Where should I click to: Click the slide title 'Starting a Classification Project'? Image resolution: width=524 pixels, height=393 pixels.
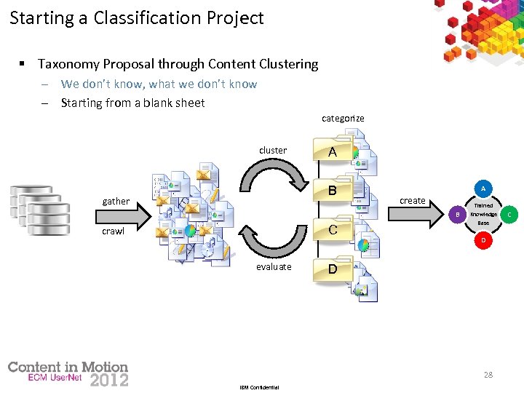[x=137, y=18]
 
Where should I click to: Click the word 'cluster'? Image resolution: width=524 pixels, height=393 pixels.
[x=273, y=151]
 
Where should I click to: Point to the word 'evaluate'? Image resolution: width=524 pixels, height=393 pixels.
[x=274, y=267]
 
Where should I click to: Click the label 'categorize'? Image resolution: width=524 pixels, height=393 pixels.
[x=343, y=118]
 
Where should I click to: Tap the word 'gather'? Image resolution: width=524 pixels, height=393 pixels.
[x=116, y=202]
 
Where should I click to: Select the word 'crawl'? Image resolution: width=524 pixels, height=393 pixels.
[x=113, y=231]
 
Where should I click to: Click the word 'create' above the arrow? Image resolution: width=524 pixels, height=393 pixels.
[x=413, y=201]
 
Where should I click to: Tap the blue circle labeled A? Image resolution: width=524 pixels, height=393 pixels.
[x=483, y=188]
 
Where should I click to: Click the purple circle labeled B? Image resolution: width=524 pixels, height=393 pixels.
[x=457, y=215]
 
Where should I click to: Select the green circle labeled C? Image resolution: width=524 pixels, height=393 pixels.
[x=509, y=215]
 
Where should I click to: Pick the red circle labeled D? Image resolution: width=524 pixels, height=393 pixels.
[x=483, y=240]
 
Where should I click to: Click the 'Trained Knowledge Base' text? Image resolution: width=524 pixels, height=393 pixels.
[x=483, y=214]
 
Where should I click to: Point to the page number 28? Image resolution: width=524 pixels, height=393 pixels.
[x=488, y=375]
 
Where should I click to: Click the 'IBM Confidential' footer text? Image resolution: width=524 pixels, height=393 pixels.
[x=259, y=387]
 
